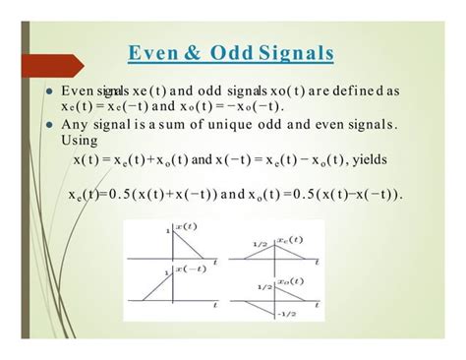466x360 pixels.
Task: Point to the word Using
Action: tap(81, 141)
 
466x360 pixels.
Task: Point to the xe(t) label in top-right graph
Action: tap(286, 238)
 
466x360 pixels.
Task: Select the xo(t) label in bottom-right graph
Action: tap(286, 281)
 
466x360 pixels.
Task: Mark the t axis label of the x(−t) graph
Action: tap(214, 307)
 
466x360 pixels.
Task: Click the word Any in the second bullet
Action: tap(76, 124)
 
